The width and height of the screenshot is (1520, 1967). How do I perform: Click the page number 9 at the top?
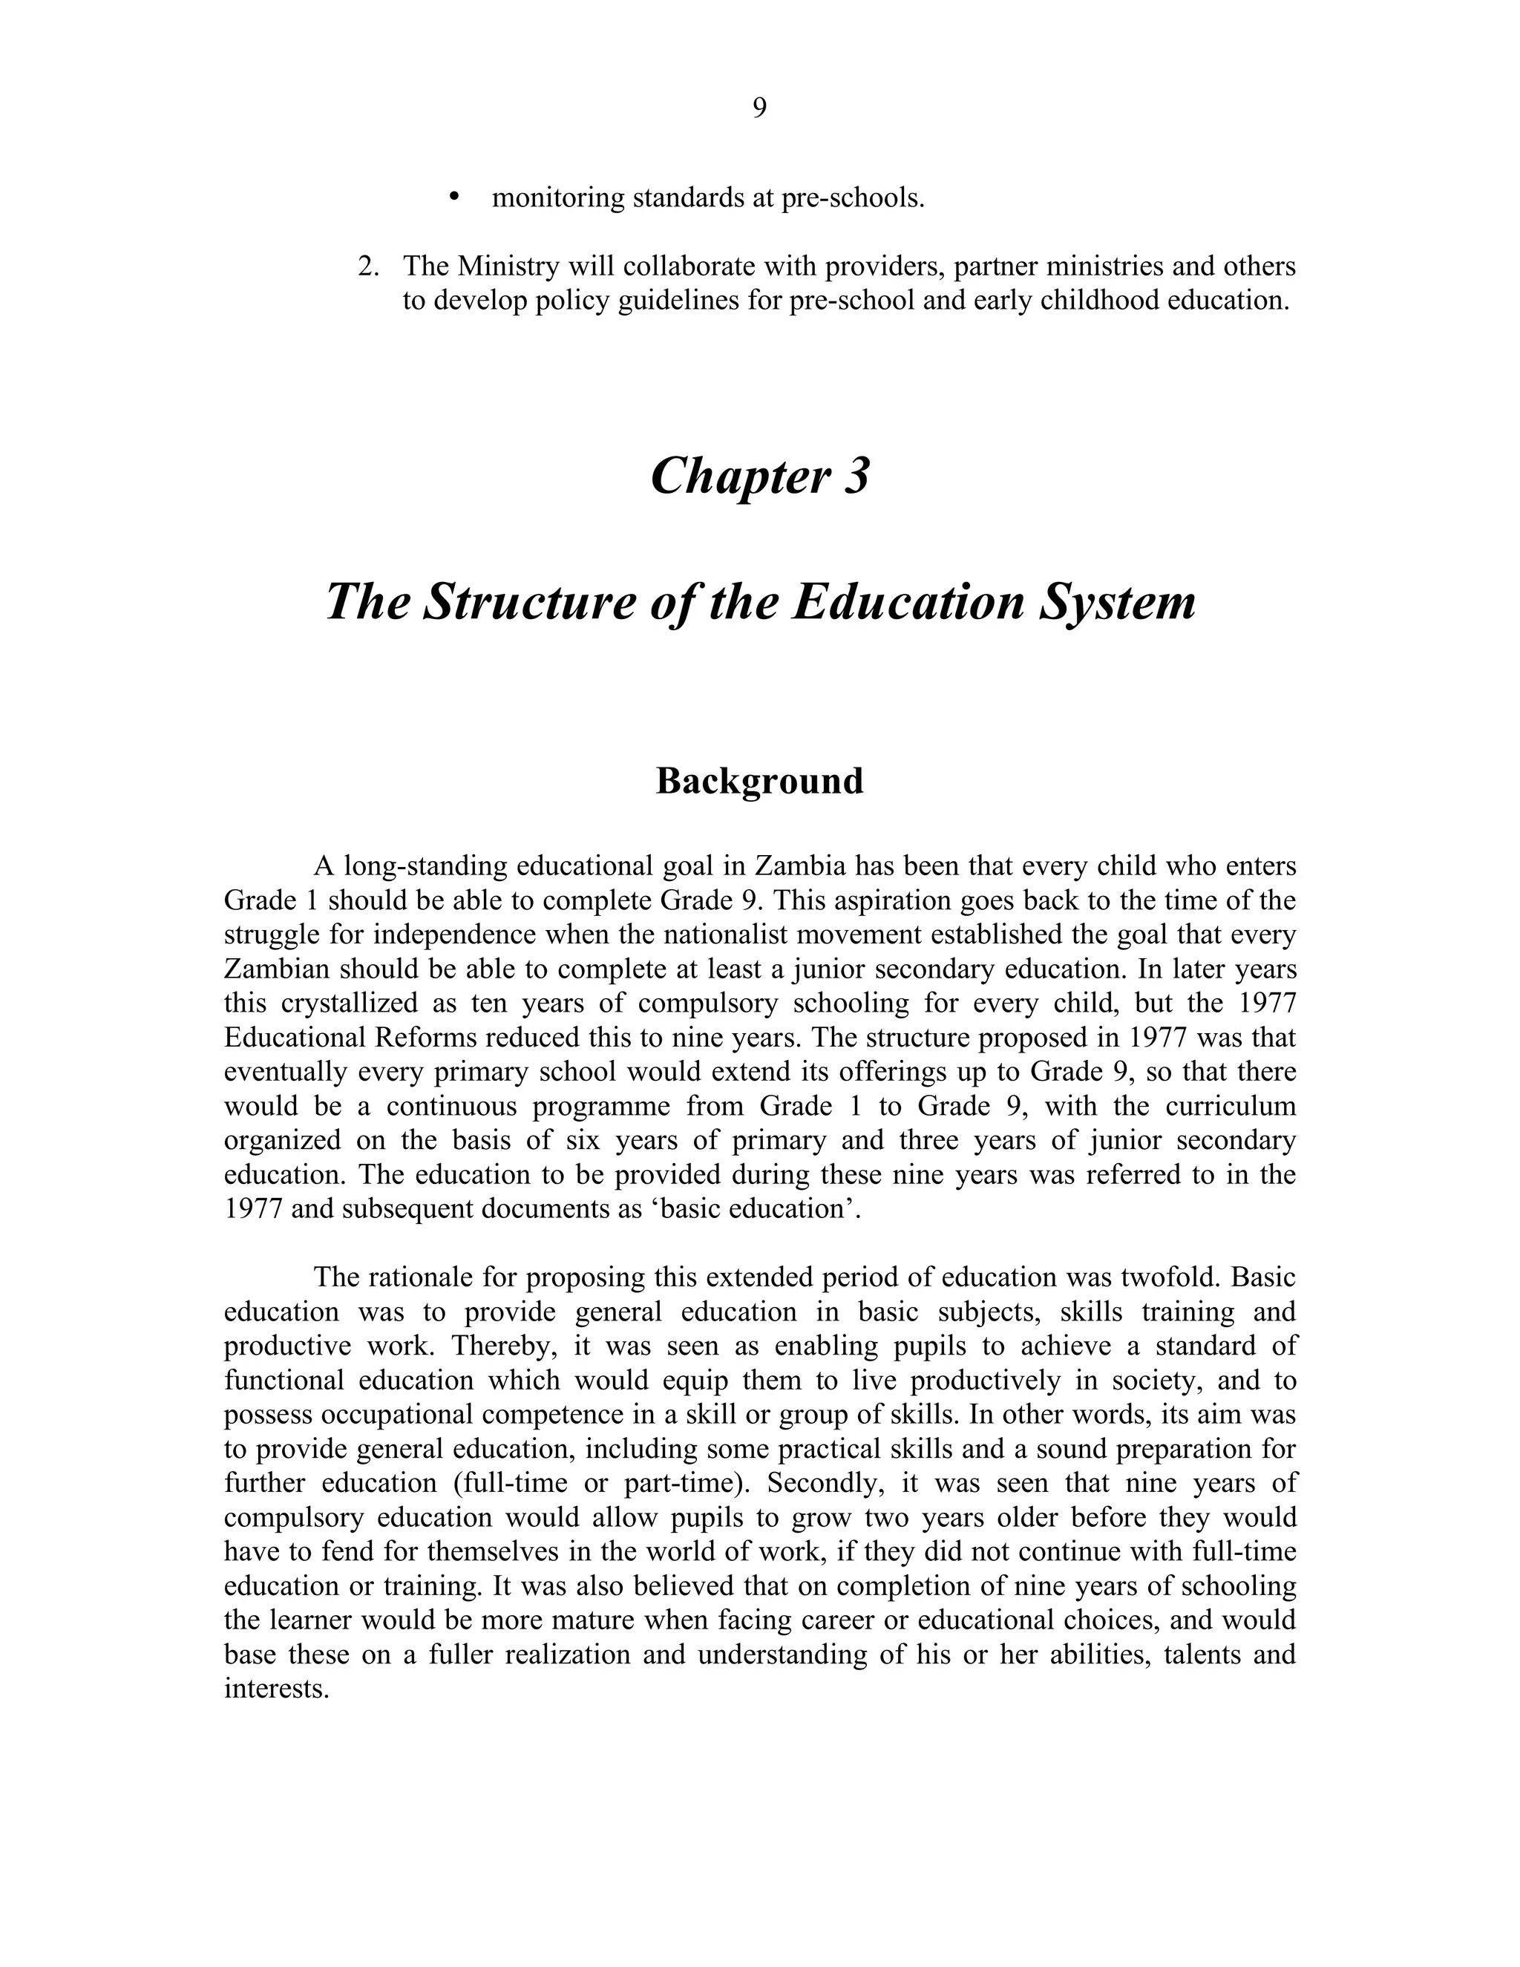coord(759,108)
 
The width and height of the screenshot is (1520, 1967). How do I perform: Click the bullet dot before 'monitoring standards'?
coord(453,197)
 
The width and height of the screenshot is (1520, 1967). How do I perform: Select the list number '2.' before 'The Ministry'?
coord(368,266)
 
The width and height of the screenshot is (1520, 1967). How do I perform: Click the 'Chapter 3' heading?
coord(759,476)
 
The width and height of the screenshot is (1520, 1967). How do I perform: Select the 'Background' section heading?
coord(759,781)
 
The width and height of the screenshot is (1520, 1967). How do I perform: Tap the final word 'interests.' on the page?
coord(276,1688)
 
